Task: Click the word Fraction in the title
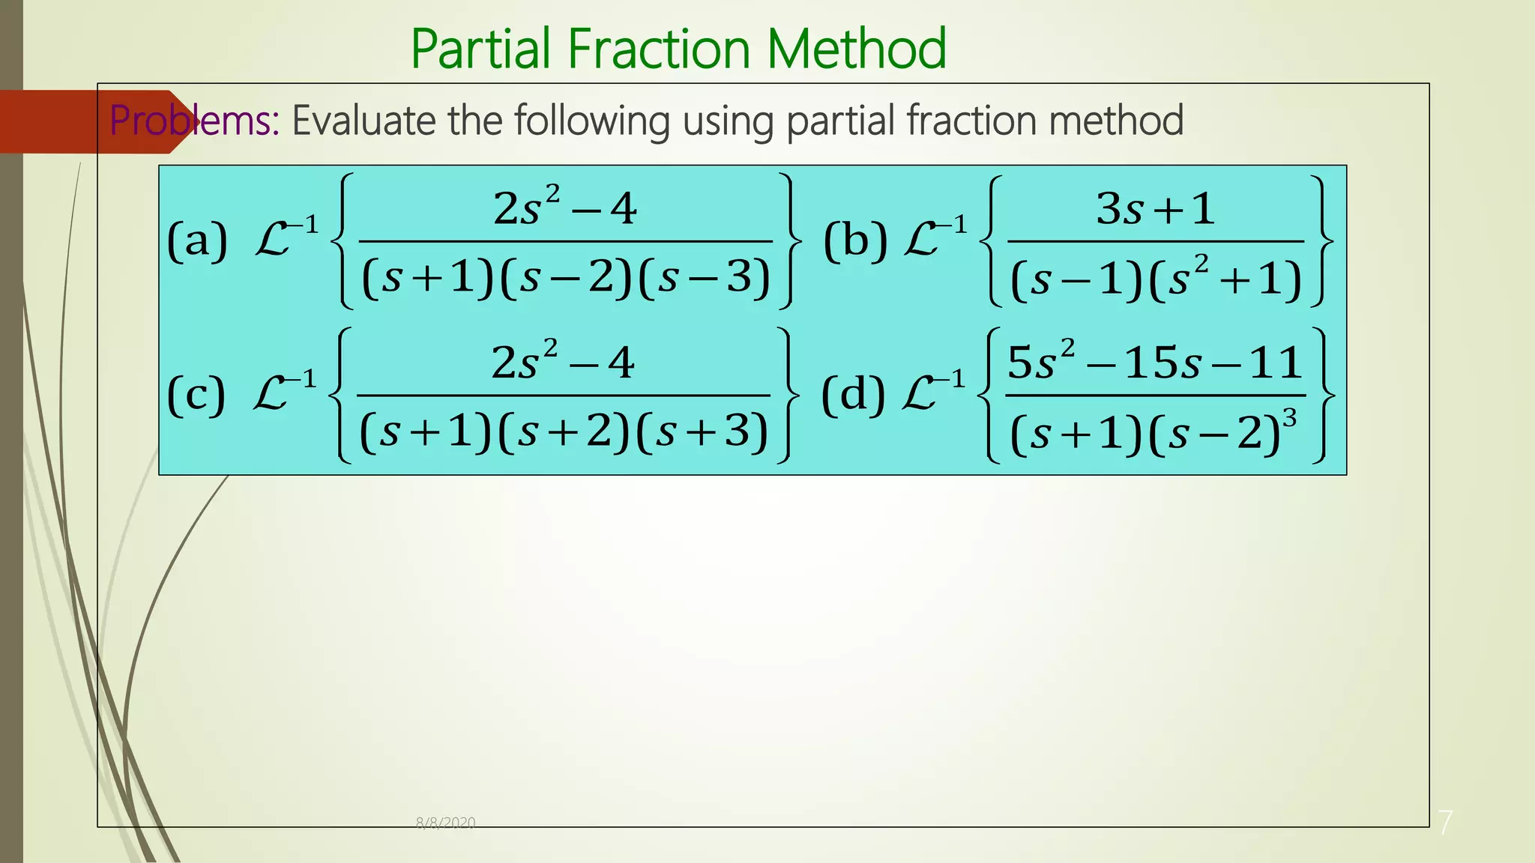coord(659,49)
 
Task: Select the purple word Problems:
coord(194,121)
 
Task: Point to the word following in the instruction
coord(591,122)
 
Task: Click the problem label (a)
coord(197,241)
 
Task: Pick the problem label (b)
coord(855,241)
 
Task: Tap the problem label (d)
coord(853,395)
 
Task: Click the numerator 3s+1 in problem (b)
coord(1155,208)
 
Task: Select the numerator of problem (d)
coord(1154,363)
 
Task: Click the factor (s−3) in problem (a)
coord(705,277)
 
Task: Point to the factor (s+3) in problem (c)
coord(702,431)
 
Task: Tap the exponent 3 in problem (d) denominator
coord(1290,418)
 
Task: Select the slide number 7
coord(1445,822)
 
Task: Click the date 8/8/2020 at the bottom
coord(445,823)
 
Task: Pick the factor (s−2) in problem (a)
coord(567,277)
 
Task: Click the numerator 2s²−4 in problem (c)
coord(563,363)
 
